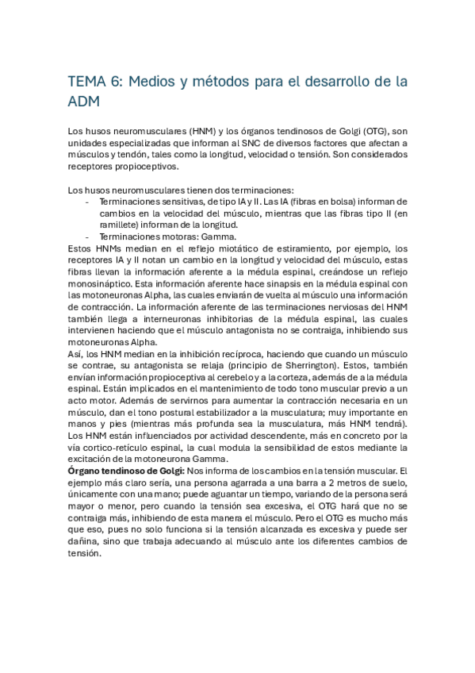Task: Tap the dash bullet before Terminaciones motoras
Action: pyautogui.click(x=86, y=237)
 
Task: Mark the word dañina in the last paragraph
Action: pyautogui.click(x=85, y=544)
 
